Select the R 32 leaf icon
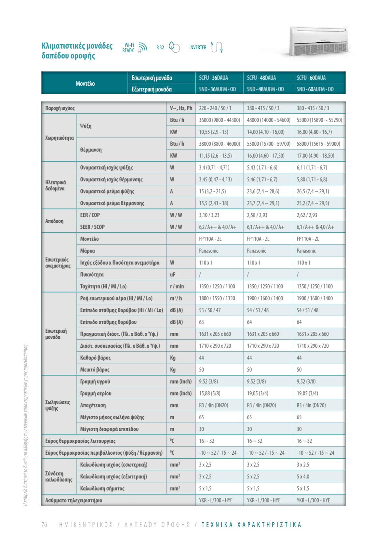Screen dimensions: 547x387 [x=174, y=47]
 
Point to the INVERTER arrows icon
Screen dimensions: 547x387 [x=217, y=47]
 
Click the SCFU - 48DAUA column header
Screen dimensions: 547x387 [x=261, y=78]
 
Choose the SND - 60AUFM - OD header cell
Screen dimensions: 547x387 [x=315, y=89]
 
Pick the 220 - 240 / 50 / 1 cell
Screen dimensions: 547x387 [x=215, y=108]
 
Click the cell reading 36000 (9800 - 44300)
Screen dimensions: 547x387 [x=219, y=120]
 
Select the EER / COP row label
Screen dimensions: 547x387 [x=90, y=215]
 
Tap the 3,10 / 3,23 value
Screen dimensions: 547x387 [x=209, y=215]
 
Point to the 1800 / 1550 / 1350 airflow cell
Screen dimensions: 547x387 [x=217, y=298]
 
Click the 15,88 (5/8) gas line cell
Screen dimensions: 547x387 [x=209, y=393]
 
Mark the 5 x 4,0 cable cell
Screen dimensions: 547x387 [x=303, y=476]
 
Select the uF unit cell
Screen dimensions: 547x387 [x=173, y=275]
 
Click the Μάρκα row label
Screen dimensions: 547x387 [x=87, y=251]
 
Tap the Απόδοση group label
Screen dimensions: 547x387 [x=54, y=221]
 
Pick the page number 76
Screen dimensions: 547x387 [x=45, y=525]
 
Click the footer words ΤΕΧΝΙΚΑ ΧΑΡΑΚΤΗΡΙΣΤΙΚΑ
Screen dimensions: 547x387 [x=251, y=525]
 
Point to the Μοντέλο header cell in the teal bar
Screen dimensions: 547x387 [x=85, y=84]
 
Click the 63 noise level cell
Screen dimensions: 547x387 [x=202, y=322]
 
